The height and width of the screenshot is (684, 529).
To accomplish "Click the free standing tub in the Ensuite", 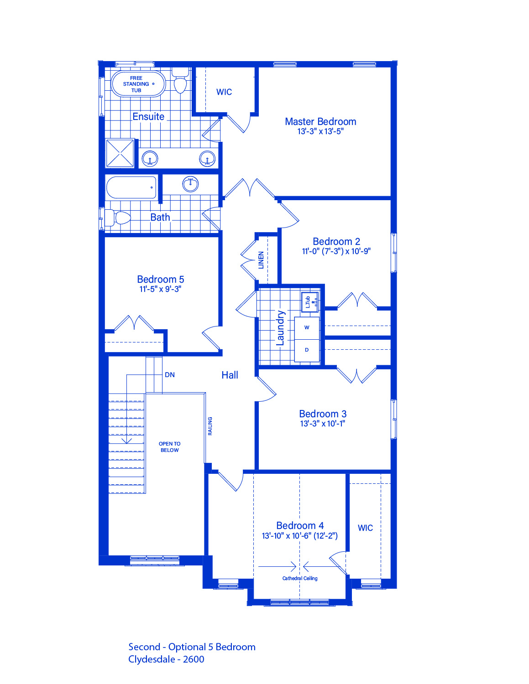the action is [138, 84].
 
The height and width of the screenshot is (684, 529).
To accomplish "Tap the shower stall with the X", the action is [120, 153].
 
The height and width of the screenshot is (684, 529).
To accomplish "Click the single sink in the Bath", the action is [190, 184].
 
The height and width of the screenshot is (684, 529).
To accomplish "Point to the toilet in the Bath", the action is [117, 218].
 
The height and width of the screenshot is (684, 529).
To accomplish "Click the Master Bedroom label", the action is [320, 122].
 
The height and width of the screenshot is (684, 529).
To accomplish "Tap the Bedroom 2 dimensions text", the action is [336, 251].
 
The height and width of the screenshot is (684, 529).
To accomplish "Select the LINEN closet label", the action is [261, 260].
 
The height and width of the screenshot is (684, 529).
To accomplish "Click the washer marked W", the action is [307, 328].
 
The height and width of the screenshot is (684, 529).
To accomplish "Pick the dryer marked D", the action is [307, 350].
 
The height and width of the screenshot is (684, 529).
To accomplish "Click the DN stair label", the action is [170, 375].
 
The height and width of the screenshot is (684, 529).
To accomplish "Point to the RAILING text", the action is [210, 426].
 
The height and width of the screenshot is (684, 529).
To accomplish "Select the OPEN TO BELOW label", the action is [169, 447].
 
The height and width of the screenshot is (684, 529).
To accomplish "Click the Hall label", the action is [230, 375].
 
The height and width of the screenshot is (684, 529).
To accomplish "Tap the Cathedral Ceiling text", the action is [299, 578].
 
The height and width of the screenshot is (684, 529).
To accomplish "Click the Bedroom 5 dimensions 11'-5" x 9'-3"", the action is [160, 289].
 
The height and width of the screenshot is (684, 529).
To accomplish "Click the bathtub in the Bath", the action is [131, 187].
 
